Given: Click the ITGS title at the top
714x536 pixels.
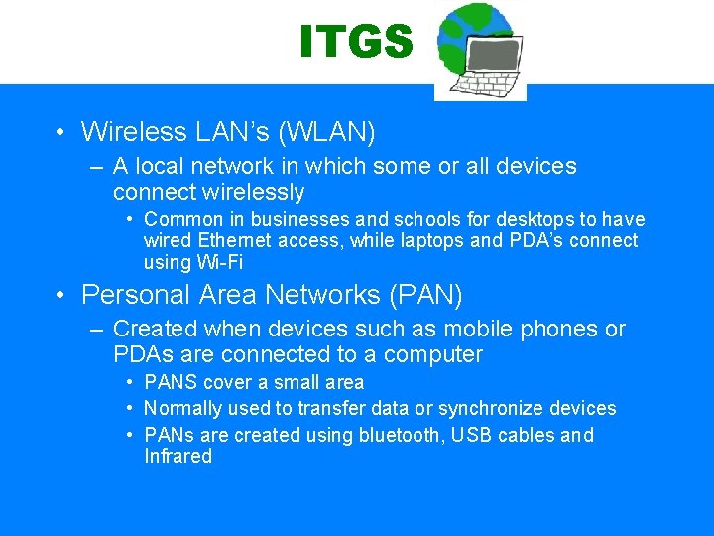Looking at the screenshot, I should point(356,42).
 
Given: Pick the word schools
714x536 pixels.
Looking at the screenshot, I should point(424,219).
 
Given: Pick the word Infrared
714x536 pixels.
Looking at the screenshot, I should point(178,456).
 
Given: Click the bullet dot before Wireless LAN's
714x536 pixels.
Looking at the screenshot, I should point(60,132).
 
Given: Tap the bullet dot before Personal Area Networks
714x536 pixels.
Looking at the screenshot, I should point(60,296).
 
